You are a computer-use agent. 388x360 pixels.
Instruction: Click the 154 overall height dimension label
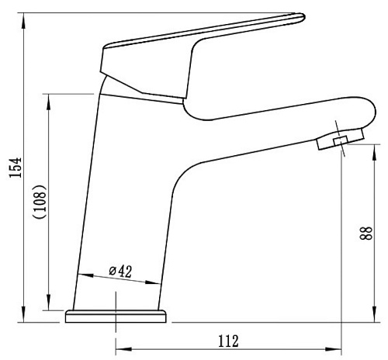click(15, 168)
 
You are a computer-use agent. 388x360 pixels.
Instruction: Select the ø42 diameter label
click(120, 271)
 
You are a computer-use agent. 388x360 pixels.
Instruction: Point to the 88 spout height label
click(366, 234)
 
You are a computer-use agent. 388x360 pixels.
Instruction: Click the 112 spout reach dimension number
click(228, 341)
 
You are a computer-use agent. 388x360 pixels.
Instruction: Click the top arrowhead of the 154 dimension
click(23, 21)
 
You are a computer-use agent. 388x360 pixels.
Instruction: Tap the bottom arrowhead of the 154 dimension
click(23, 314)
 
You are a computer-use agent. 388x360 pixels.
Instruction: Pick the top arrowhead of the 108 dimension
click(48, 102)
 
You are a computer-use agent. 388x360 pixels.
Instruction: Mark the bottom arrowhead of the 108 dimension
click(48, 302)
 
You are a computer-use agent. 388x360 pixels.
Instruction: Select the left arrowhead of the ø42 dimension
click(85, 275)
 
